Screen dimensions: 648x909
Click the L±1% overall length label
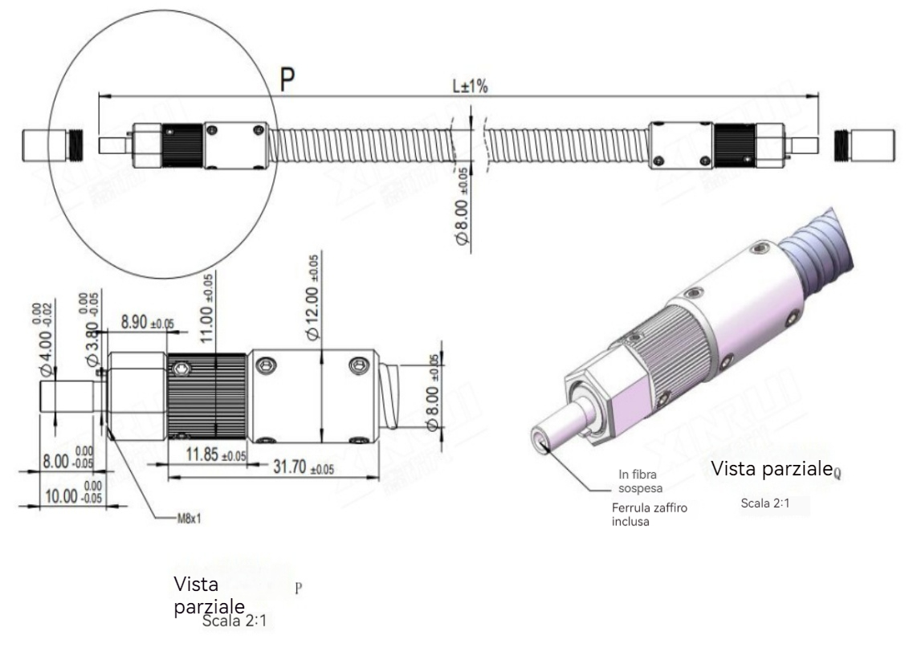(471, 86)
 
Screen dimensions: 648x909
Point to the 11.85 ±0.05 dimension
(206, 456)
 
